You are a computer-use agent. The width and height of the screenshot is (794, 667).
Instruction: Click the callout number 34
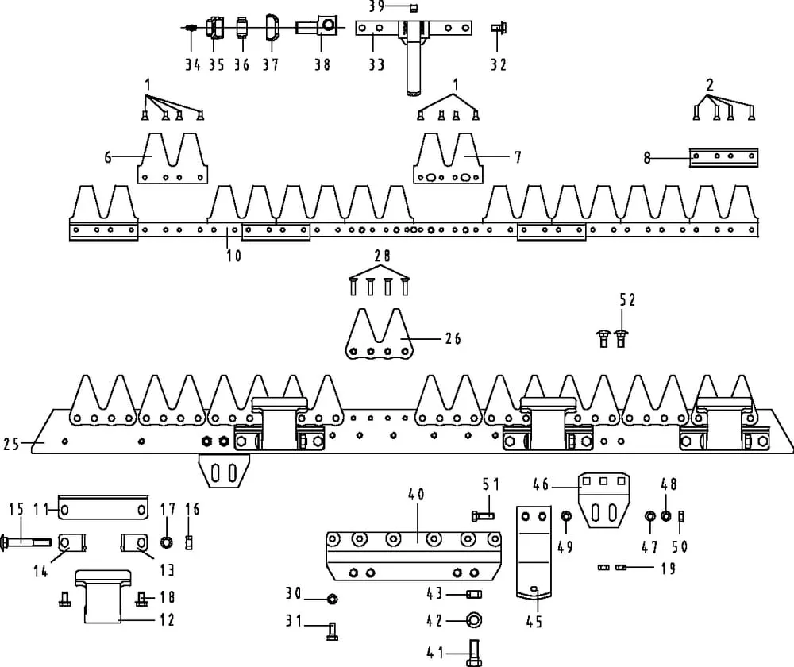192,65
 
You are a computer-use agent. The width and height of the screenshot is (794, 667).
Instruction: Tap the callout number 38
321,65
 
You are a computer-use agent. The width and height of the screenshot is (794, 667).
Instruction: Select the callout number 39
376,7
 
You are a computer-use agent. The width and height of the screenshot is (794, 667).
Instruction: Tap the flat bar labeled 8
723,157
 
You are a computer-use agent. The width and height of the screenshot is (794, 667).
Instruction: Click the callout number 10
234,256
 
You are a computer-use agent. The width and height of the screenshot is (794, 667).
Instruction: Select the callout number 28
381,256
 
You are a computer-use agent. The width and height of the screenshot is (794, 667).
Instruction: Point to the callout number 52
627,299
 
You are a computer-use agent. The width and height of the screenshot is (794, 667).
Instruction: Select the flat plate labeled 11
103,507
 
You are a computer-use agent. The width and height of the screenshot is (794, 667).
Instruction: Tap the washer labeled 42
473,619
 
